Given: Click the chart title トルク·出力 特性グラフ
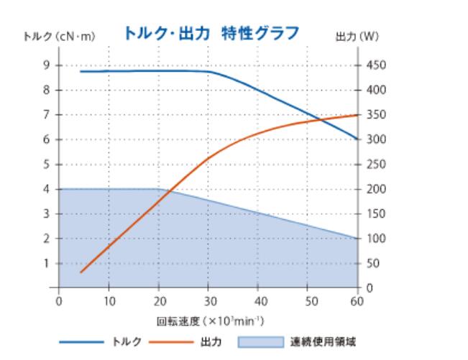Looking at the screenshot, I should click(211, 33).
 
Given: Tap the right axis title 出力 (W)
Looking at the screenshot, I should click(357, 35).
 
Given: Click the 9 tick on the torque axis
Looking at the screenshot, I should click(47, 65).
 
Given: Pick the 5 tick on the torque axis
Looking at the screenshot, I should click(47, 165).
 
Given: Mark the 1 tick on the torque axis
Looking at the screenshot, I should click(47, 263).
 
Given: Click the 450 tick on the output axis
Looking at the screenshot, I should click(376, 65).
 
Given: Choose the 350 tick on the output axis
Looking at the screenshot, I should click(376, 115).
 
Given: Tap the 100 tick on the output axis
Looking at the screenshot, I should click(376, 239).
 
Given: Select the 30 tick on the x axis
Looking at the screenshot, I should click(208, 300).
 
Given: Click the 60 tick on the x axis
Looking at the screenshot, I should click(357, 300).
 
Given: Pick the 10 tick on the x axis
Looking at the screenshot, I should click(109, 300).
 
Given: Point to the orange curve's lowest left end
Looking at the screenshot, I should click(81, 272).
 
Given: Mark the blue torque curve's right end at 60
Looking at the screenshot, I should click(357, 139).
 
